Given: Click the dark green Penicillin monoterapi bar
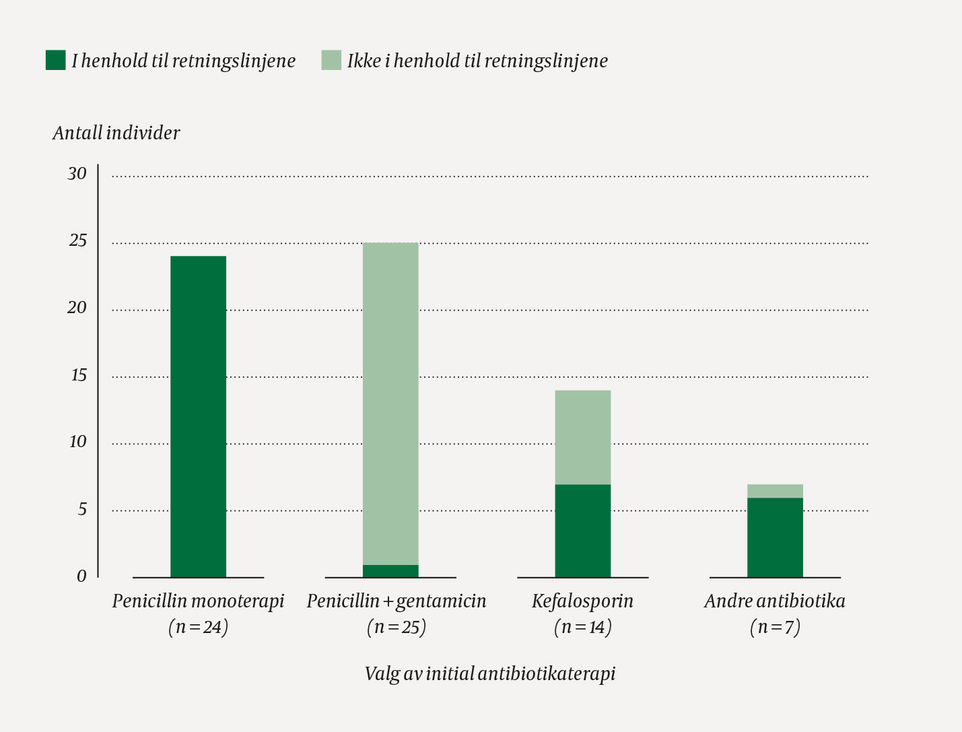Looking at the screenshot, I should (x=198, y=416).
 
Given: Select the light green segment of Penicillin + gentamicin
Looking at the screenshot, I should (x=390, y=403).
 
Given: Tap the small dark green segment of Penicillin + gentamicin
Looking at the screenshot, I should (x=390, y=571).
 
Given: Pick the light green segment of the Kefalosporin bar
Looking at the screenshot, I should (x=583, y=437).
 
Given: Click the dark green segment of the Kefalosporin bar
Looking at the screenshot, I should (x=583, y=531).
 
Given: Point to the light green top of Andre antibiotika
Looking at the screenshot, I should (x=775, y=491).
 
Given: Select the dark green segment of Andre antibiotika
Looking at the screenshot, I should (x=775, y=537).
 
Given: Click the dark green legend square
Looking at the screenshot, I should (x=55, y=60).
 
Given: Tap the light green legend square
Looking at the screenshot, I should (x=331, y=60).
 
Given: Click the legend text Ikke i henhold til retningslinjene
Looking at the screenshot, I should (x=477, y=61).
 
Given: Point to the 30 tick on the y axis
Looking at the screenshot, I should (x=77, y=174).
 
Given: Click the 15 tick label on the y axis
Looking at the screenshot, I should (x=79, y=375).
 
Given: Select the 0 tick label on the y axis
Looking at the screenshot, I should (x=81, y=576).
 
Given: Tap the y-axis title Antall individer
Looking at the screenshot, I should (x=116, y=133).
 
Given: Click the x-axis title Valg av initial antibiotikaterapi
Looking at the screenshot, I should (x=489, y=674).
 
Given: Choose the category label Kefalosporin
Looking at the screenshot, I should (x=582, y=601).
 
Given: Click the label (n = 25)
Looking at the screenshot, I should (x=397, y=628).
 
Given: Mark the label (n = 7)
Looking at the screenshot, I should (x=775, y=628).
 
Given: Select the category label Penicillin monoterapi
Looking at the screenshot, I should (x=198, y=601).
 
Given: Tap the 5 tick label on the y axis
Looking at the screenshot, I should (x=82, y=509).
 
